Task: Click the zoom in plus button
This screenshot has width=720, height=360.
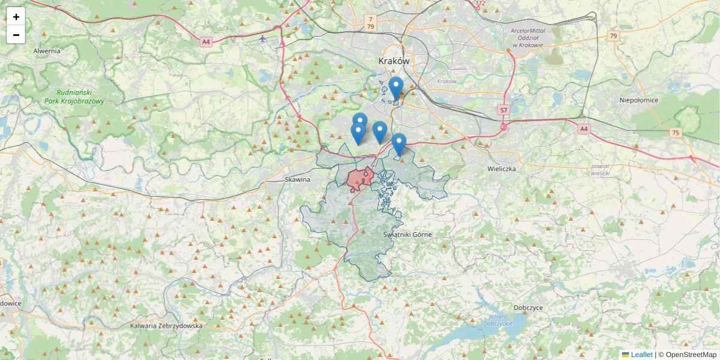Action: click(x=16, y=17)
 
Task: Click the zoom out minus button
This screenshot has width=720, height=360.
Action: click(x=16, y=35)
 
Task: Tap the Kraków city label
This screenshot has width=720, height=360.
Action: click(x=394, y=61)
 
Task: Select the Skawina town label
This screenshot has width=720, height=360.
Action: click(x=297, y=179)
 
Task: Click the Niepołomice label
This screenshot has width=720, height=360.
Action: click(x=639, y=100)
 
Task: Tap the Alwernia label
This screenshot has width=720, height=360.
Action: click(x=47, y=51)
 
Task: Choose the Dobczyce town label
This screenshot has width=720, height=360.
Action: click(x=528, y=307)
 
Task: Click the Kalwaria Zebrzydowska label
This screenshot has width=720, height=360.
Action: click(x=166, y=326)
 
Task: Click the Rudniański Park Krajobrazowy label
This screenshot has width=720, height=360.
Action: click(x=74, y=97)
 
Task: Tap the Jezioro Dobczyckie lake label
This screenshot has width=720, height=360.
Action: click(x=499, y=320)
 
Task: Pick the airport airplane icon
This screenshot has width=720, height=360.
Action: click(x=263, y=38)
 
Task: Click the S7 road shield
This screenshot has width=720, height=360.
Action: click(x=503, y=110)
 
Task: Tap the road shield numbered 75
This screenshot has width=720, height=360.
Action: click(x=676, y=133)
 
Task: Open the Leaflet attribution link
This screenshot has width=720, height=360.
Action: click(x=641, y=355)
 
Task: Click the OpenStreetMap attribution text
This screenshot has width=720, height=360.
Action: click(x=691, y=355)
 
